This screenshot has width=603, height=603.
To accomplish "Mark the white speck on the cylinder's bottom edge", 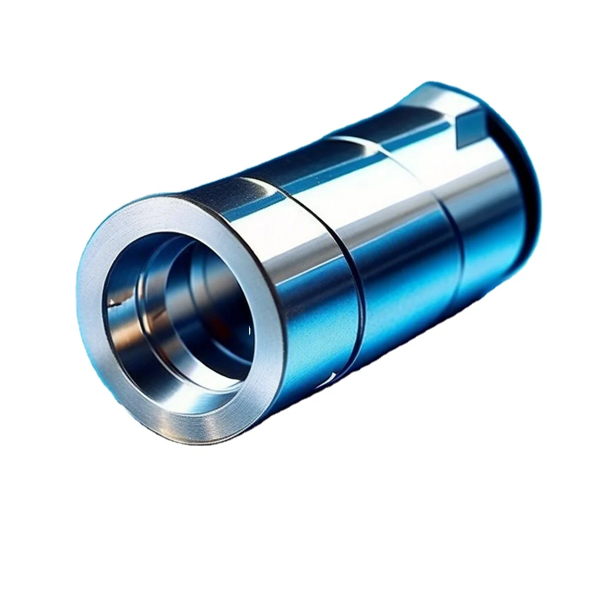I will (x=333, y=377).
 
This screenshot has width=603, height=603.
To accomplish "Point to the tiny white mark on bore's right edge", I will (x=250, y=330).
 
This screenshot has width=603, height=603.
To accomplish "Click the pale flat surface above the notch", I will (x=448, y=100).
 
